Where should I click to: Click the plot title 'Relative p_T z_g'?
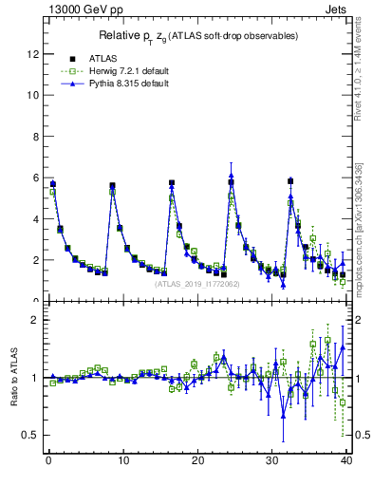click(x=198, y=36)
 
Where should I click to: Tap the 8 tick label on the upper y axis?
click(x=36, y=137)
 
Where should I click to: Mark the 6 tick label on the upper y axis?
click(x=36, y=178)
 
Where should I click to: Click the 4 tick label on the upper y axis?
click(x=36, y=219)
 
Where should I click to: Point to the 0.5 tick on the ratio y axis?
click(x=31, y=435)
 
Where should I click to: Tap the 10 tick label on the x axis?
click(x=122, y=463)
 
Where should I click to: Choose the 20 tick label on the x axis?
click(x=197, y=463)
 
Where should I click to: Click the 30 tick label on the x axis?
click(x=272, y=463)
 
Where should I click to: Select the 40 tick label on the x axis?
click(x=346, y=463)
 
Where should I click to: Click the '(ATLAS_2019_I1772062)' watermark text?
click(x=196, y=283)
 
